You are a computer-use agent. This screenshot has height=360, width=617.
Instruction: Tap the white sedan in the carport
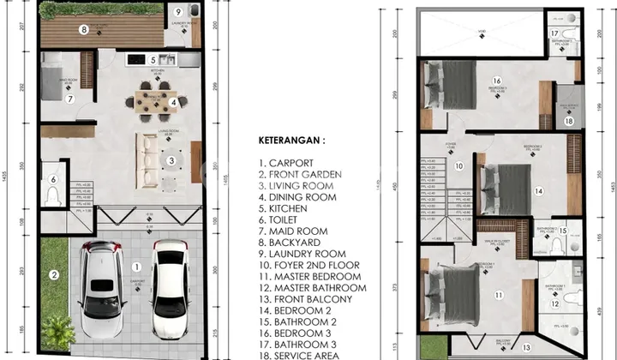pyautogui.click(x=170, y=288)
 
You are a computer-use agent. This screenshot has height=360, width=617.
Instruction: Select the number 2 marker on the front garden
pyautogui.click(x=54, y=275)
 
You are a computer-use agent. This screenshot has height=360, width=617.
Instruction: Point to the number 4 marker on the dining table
pyautogui.click(x=152, y=60)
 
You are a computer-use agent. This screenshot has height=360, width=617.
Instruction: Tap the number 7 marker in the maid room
pyautogui.click(x=83, y=29)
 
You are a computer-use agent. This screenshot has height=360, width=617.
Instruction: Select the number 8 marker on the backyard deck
pyautogui.click(x=178, y=12)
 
